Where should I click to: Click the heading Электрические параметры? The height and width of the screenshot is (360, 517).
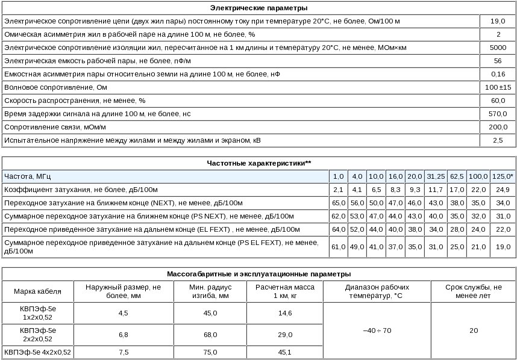258,8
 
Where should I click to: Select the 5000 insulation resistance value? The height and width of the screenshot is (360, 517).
498,47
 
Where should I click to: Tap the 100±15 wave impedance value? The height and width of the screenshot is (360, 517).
498,87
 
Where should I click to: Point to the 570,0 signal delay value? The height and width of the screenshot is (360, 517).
498,114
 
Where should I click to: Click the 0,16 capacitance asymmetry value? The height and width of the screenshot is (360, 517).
498,74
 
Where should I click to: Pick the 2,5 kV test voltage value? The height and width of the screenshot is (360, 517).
498,140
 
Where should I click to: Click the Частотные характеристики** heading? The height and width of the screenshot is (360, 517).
258,163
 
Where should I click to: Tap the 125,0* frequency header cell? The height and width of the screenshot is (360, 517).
503,176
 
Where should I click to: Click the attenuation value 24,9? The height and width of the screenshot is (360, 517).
503,190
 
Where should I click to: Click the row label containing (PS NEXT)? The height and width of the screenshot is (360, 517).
149,216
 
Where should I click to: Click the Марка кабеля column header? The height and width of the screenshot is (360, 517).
38,291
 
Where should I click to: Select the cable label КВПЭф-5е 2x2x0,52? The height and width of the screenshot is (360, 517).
38,334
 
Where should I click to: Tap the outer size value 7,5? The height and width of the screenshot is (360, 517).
123,352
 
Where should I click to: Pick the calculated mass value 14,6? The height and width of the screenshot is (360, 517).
286,313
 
